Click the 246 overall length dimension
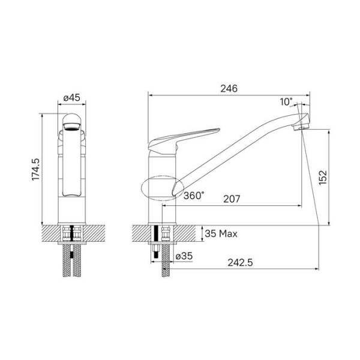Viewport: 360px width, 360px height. pyautogui.click(x=228, y=88)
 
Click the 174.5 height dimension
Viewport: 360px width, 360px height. pyautogui.click(x=35, y=170)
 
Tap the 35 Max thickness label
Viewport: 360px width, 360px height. pyautogui.click(x=221, y=233)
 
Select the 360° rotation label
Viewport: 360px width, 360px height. pyautogui.click(x=194, y=195)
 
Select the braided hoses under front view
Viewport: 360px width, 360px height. pyautogui.click(x=72, y=263)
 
